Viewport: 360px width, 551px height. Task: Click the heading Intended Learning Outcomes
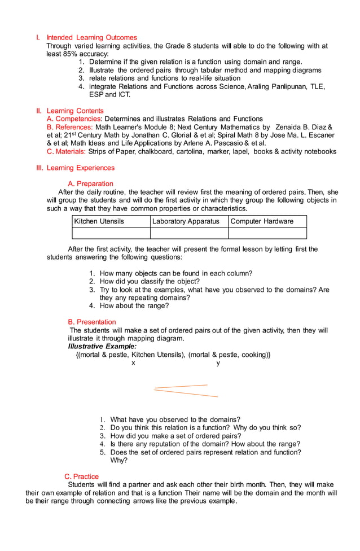coord(91,38)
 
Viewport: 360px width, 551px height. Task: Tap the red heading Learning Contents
coord(75,111)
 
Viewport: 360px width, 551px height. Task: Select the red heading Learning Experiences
coord(80,168)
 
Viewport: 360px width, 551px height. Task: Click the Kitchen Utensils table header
coord(99,221)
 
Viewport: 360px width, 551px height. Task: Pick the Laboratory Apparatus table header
coord(186,221)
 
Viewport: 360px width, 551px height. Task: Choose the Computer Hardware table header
coord(262,221)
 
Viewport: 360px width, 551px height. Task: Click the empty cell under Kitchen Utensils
coord(111,233)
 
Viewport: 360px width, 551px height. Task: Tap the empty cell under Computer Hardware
coord(267,233)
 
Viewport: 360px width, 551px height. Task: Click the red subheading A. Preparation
coord(90,183)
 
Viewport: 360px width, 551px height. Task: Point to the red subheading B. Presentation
coord(92,322)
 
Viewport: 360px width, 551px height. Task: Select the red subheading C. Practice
coord(81,476)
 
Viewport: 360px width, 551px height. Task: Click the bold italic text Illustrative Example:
coord(102,346)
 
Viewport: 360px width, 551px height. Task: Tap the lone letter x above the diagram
coord(133,363)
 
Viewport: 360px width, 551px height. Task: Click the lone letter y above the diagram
coord(218,363)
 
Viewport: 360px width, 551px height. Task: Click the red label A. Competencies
coord(74,119)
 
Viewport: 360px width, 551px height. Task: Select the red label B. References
coord(70,127)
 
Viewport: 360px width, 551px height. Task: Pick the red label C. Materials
coord(67,151)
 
